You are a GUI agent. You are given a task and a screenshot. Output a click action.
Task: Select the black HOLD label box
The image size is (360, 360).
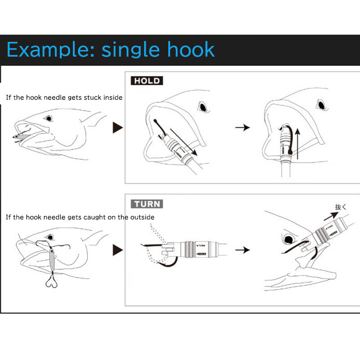click(x=147, y=81)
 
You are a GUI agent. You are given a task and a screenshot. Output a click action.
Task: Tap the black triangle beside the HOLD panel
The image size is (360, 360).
click(x=117, y=128)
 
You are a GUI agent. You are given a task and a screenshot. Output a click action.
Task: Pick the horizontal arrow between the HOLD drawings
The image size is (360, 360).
click(x=243, y=128)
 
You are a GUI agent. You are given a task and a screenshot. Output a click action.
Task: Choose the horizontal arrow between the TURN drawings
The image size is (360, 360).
click(x=243, y=249)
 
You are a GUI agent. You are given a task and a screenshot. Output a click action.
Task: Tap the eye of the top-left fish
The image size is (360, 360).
click(x=48, y=119)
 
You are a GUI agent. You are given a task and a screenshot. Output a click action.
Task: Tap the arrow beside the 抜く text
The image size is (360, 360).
click(x=330, y=216)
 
